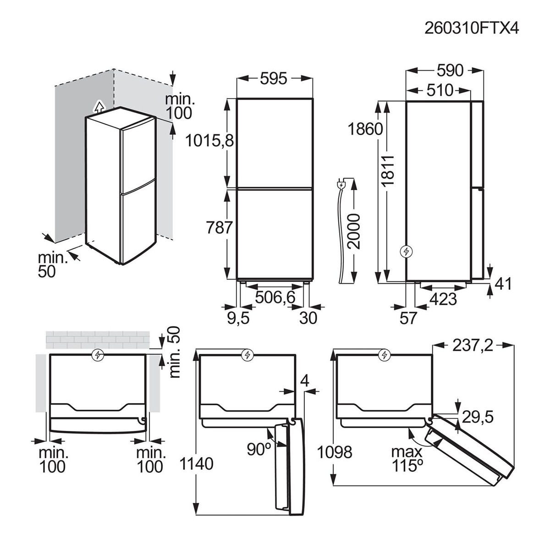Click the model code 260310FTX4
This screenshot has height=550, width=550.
471,28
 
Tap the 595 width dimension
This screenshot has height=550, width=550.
273,78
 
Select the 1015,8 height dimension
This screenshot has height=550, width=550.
209,141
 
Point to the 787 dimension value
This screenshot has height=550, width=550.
219,228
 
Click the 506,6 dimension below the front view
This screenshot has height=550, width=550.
275,297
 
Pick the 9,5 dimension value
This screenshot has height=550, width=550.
238,318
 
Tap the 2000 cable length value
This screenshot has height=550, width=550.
354,232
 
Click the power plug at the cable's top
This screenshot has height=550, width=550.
341,184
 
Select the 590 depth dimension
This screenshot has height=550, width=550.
450,71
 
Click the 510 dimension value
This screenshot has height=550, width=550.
440,90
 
